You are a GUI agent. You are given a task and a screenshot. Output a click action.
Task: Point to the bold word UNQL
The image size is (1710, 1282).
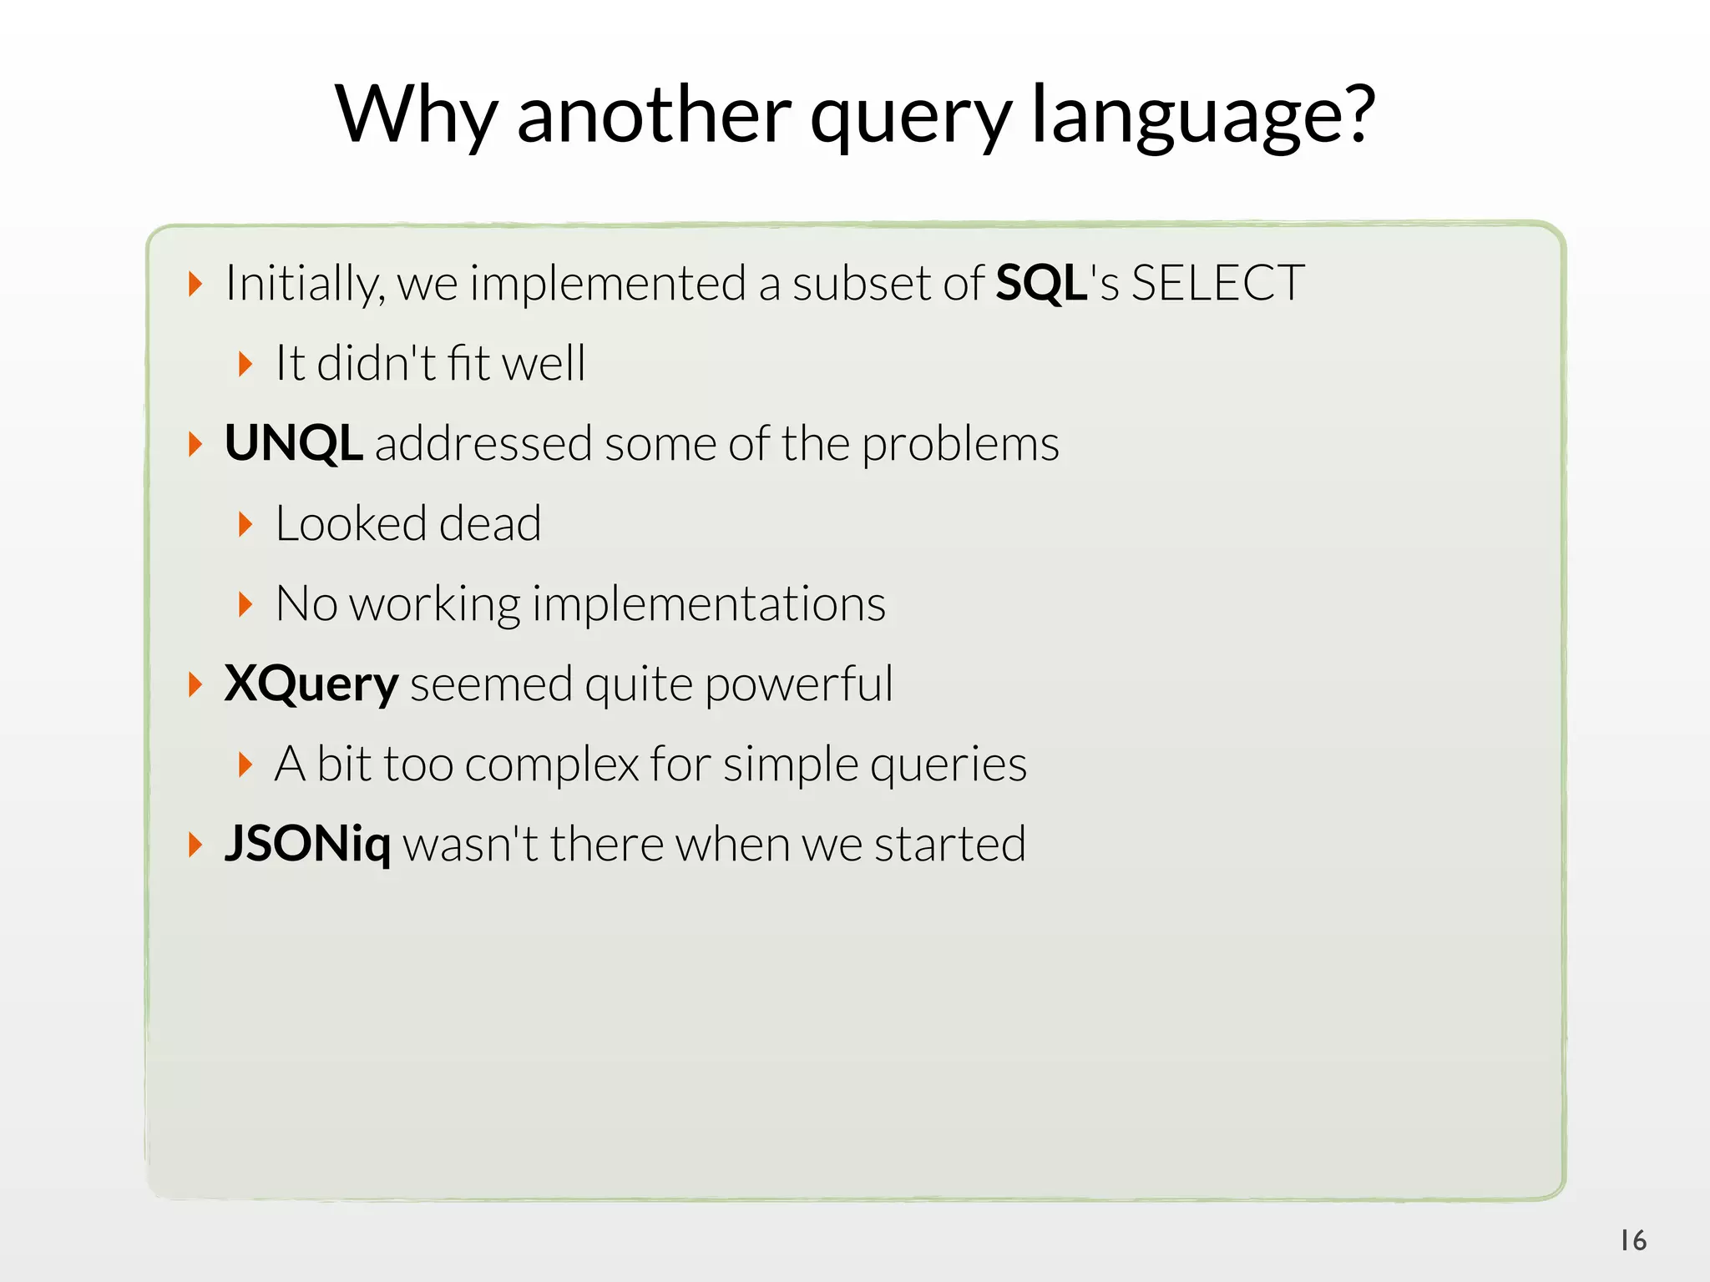tap(293, 443)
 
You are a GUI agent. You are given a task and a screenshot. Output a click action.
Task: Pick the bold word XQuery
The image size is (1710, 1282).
tap(311, 685)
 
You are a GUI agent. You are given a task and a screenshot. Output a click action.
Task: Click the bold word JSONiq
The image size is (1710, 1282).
tap(307, 845)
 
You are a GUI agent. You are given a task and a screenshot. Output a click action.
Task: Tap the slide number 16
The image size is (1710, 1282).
tap(1633, 1240)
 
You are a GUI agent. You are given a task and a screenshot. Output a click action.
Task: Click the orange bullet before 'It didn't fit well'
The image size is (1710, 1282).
tap(245, 364)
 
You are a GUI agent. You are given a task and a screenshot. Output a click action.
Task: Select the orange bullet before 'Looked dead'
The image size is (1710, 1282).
tap(245, 524)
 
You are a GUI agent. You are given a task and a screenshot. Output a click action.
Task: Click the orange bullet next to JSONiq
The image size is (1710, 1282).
tap(195, 845)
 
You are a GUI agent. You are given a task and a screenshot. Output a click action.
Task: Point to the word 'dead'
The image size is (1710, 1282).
tap(490, 524)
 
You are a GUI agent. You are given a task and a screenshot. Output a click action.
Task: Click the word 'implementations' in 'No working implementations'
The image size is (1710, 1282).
tap(708, 604)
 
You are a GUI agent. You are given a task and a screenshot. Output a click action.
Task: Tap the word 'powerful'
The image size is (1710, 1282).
tap(798, 685)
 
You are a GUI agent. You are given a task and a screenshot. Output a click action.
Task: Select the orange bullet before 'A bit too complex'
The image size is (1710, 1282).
tap(245, 764)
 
